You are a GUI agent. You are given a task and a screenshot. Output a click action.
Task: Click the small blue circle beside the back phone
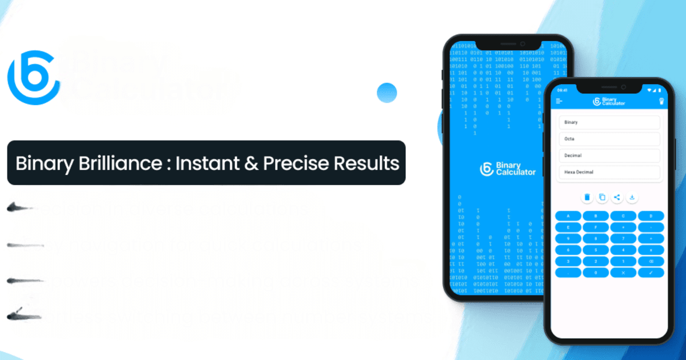(x=387, y=92)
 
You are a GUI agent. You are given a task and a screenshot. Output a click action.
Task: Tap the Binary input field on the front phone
(x=609, y=122)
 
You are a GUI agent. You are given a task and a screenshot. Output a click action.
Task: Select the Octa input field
(x=609, y=139)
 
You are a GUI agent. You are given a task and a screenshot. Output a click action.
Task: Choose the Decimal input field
(x=609, y=155)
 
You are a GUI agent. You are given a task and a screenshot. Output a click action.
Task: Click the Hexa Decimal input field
(x=609, y=172)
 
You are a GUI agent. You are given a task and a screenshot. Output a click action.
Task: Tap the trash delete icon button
(x=587, y=198)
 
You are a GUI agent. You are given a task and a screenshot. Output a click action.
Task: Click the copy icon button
(x=602, y=198)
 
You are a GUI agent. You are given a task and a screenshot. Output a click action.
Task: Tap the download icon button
(x=632, y=198)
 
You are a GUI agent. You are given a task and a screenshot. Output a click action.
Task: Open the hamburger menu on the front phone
(x=559, y=101)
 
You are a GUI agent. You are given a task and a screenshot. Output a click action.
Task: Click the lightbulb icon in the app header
(x=660, y=101)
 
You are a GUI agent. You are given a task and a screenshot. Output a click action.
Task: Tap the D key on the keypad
(x=651, y=216)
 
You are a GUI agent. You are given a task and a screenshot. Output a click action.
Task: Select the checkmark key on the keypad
(x=651, y=273)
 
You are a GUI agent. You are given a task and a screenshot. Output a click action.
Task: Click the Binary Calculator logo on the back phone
(x=508, y=169)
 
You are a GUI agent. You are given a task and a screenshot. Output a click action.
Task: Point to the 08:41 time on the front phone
(x=562, y=90)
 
